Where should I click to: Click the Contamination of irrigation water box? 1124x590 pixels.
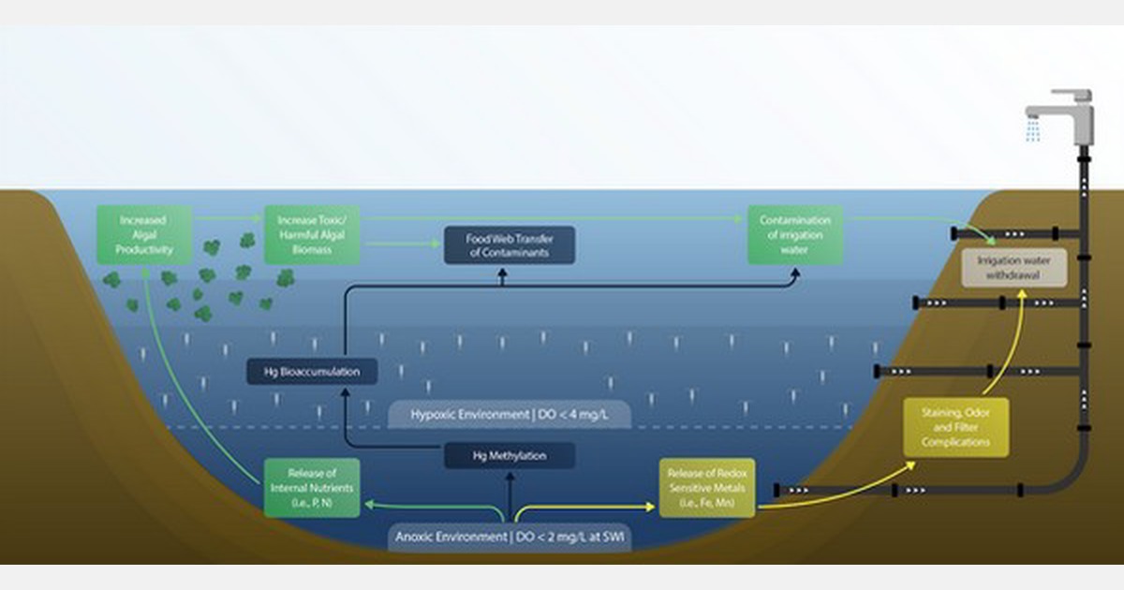coord(794,235)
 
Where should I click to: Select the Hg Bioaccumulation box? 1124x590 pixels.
coord(313,372)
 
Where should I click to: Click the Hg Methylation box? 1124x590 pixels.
coord(509,456)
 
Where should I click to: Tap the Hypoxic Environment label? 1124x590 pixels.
coord(509,413)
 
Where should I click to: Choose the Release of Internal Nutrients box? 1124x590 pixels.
coord(311,488)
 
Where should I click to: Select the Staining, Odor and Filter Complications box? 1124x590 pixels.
coord(955,427)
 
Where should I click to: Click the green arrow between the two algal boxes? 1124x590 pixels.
coord(229,218)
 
